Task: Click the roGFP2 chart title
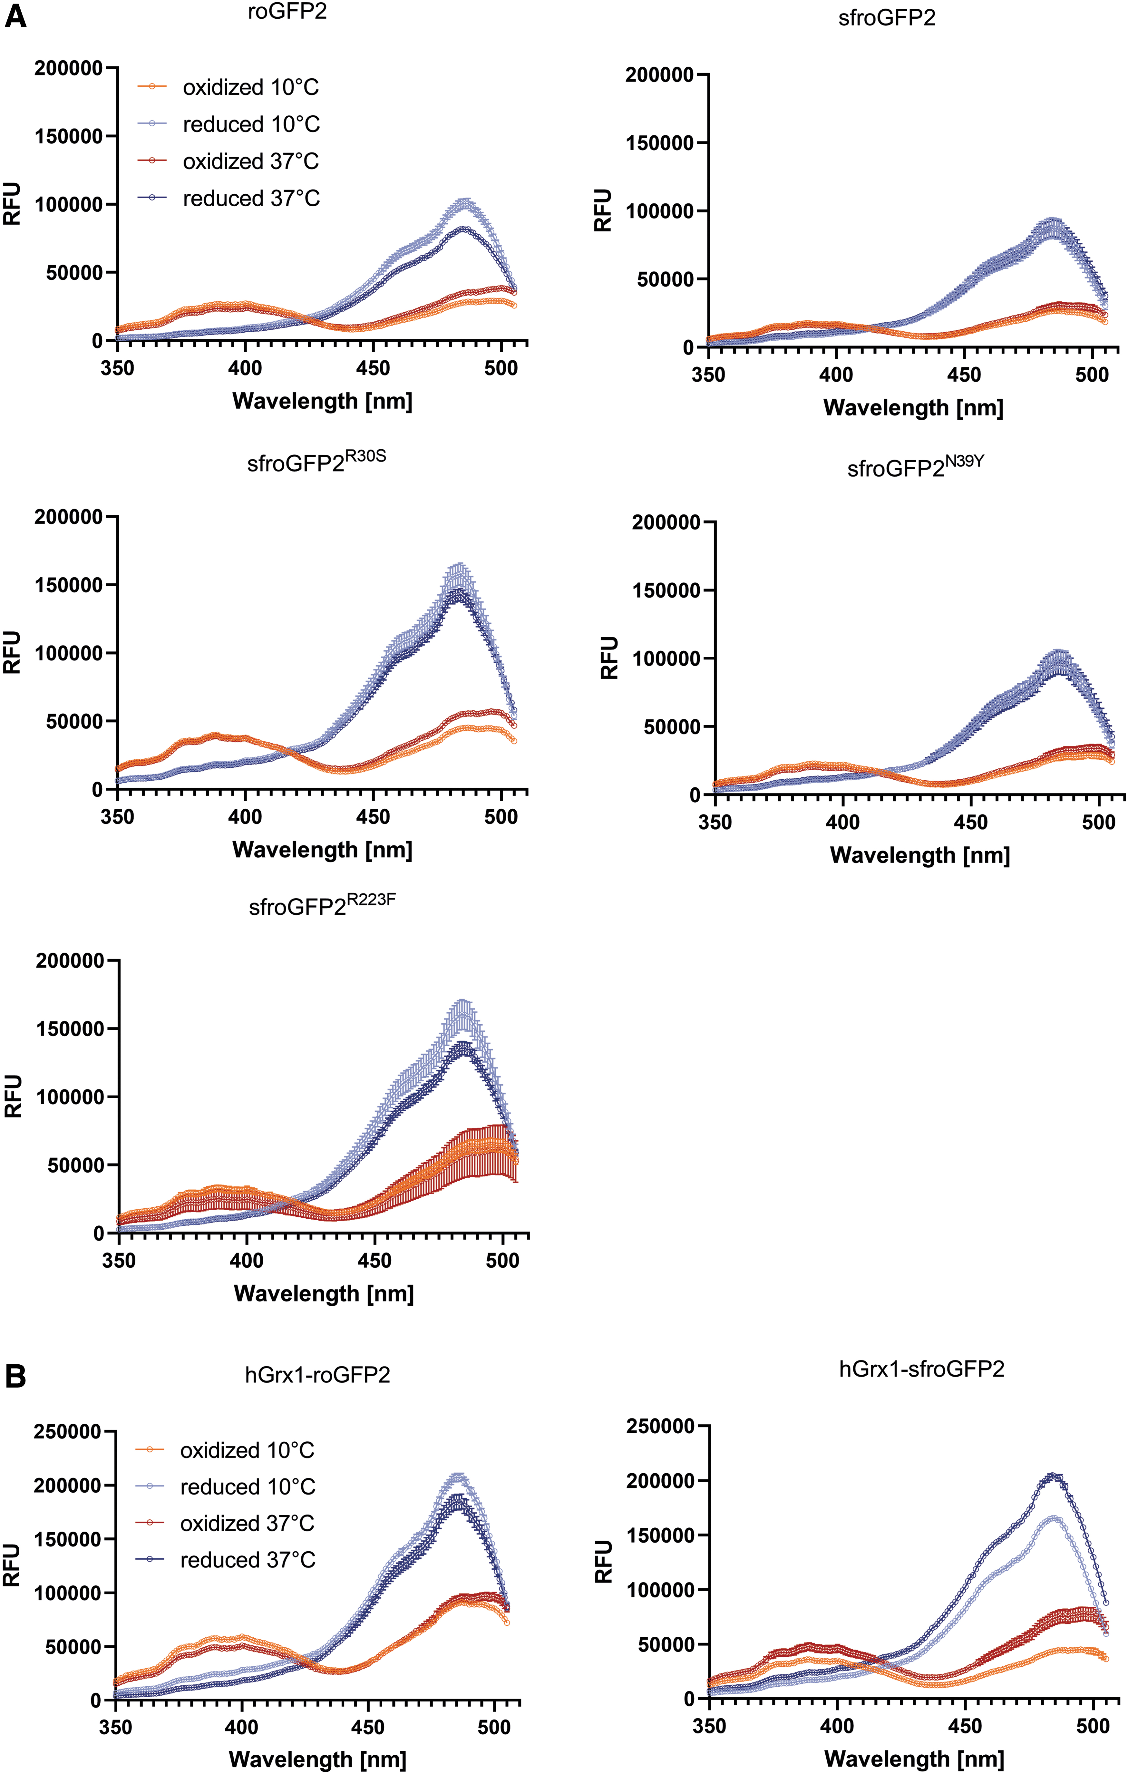tap(287, 13)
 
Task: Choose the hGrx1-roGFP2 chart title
tap(317, 1375)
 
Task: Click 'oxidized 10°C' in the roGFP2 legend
tap(250, 88)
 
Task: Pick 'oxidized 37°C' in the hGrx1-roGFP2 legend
tap(248, 1523)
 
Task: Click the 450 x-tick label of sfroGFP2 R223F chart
tap(374, 1261)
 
